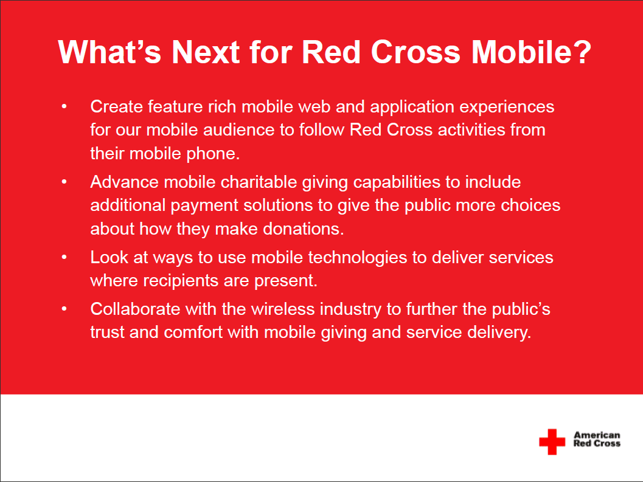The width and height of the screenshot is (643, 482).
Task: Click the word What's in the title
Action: coord(109,52)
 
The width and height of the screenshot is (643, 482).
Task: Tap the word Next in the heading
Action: coord(206,52)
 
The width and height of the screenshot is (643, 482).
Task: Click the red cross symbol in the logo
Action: coord(552,441)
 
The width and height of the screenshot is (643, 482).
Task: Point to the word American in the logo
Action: coord(597,435)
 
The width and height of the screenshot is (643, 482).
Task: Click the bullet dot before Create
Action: coord(64,106)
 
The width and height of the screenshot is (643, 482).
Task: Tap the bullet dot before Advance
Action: coord(64,182)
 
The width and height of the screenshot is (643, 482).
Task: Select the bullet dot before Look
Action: coord(64,257)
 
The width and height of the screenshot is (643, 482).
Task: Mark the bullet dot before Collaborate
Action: coord(64,309)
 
